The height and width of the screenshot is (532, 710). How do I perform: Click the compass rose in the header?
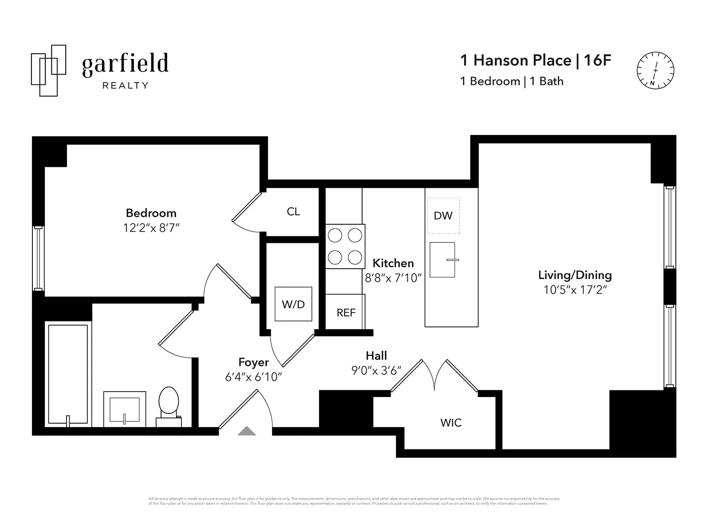click(655, 70)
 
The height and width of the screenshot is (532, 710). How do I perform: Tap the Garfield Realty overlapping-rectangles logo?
click(48, 70)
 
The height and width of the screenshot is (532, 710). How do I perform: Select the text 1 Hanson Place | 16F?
click(536, 60)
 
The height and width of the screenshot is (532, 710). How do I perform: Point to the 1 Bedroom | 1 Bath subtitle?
click(512, 81)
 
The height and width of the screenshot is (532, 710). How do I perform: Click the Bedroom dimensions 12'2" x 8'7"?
click(151, 228)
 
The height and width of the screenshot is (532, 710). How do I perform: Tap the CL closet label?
click(293, 212)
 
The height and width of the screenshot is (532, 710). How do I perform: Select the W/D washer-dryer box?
click(293, 304)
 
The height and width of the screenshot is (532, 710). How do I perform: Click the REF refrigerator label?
click(346, 313)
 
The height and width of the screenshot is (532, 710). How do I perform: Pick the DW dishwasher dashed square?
click(443, 216)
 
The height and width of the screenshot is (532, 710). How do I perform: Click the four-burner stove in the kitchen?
click(345, 246)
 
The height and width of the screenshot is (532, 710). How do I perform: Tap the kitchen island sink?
click(442, 260)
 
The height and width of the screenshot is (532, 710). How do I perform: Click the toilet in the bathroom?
click(169, 405)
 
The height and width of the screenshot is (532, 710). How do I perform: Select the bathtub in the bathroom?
click(68, 374)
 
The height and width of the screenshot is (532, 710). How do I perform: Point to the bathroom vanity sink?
click(125, 409)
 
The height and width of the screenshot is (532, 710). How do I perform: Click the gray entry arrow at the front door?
click(247, 431)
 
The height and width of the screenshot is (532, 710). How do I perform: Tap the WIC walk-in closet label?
click(451, 423)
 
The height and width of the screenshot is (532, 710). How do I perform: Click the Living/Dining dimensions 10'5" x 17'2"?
click(575, 290)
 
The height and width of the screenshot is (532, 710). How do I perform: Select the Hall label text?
click(376, 356)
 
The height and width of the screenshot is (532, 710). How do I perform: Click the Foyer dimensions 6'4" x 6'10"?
click(253, 377)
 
